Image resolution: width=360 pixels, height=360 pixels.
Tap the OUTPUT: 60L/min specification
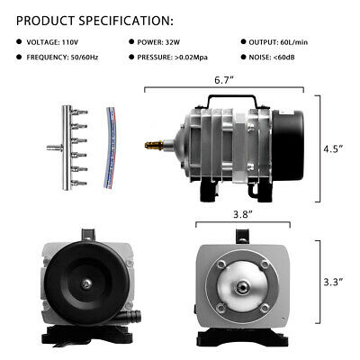286,42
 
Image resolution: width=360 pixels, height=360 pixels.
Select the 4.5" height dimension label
336,149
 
